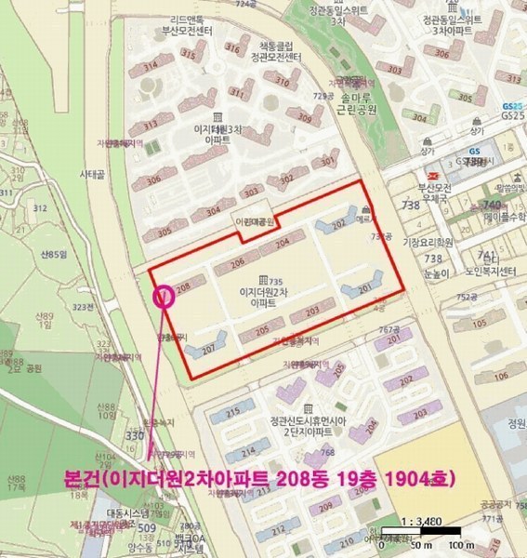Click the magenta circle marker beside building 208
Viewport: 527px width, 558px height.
164,297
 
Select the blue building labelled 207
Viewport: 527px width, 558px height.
207,348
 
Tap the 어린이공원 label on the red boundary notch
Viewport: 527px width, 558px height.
254,222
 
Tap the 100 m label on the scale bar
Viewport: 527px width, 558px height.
455,545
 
